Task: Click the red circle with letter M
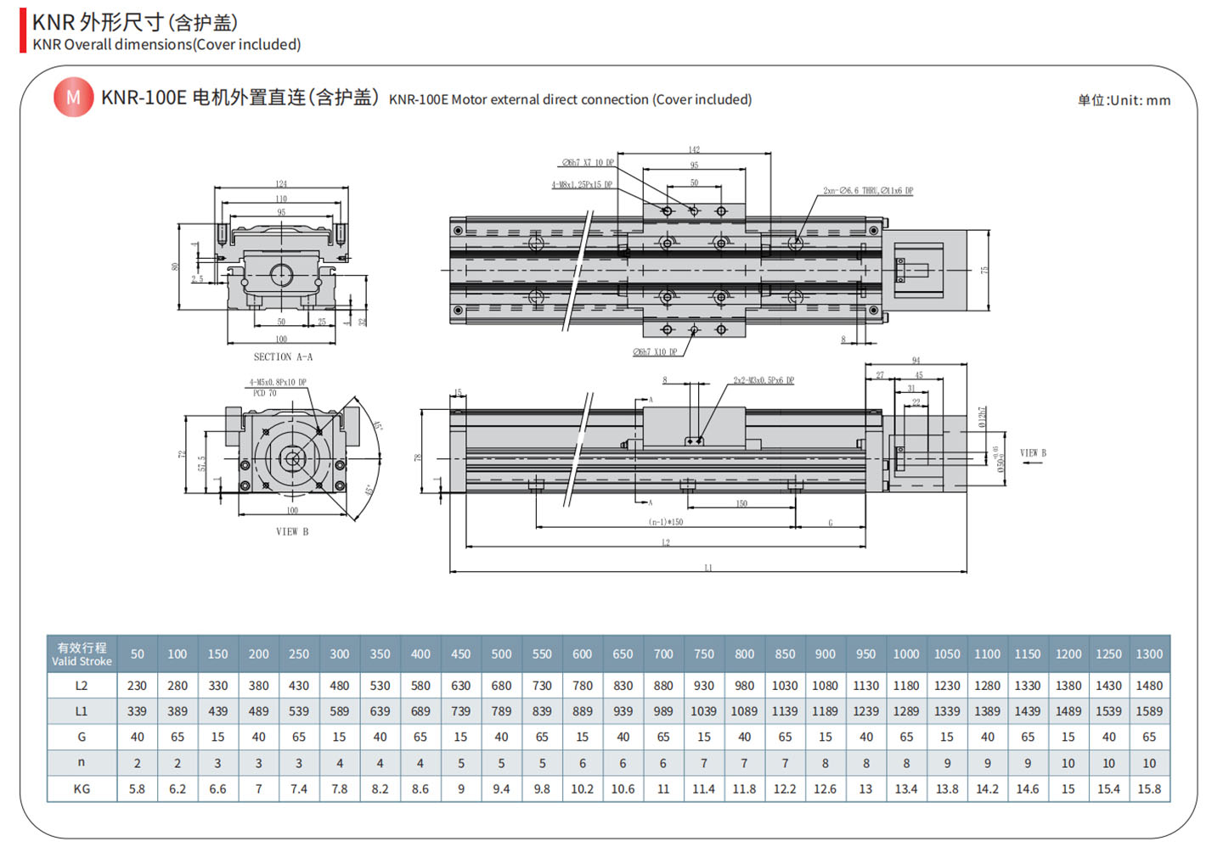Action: pyautogui.click(x=73, y=98)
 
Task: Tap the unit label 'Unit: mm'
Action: pyautogui.click(x=1124, y=100)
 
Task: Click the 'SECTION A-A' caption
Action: pyautogui.click(x=283, y=357)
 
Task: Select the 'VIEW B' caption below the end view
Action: pyautogui.click(x=292, y=532)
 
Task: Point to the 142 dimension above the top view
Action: pyautogui.click(x=694, y=149)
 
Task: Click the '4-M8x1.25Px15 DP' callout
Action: pyautogui.click(x=582, y=184)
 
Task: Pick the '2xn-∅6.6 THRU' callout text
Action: pyautogui.click(x=867, y=191)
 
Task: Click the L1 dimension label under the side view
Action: pyautogui.click(x=708, y=568)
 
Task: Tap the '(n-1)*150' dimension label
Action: pyautogui.click(x=666, y=522)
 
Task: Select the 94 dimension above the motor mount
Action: pyautogui.click(x=916, y=361)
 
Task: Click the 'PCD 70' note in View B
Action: pyautogui.click(x=265, y=393)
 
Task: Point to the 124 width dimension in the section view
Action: pyautogui.click(x=281, y=183)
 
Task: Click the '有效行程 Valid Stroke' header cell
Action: pyautogui.click(x=82, y=653)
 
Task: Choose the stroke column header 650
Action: pyautogui.click(x=623, y=654)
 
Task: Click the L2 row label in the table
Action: pyautogui.click(x=82, y=686)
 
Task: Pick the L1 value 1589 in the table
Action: pyautogui.click(x=1149, y=711)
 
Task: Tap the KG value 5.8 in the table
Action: pyautogui.click(x=137, y=788)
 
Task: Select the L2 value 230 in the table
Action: pyautogui.click(x=137, y=686)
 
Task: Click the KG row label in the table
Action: pyautogui.click(x=82, y=788)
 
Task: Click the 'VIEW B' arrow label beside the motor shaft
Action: pyautogui.click(x=1033, y=453)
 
